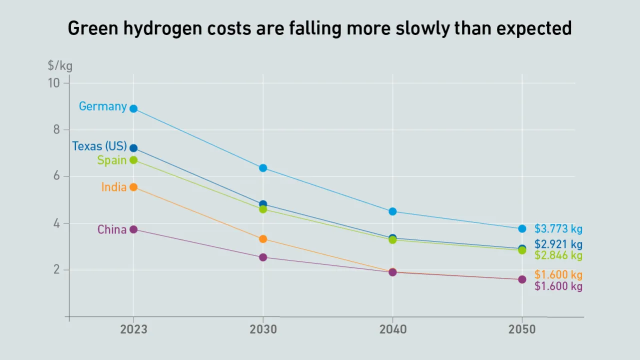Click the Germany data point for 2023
click(x=133, y=108)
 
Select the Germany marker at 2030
click(x=263, y=168)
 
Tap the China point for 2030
click(x=263, y=257)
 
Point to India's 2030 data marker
click(x=263, y=239)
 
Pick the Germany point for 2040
click(x=392, y=211)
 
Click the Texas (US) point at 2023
click(x=133, y=148)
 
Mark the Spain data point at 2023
click(x=133, y=160)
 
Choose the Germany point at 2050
click(x=522, y=228)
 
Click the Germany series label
click(x=102, y=106)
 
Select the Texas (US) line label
click(x=99, y=146)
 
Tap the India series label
click(x=113, y=187)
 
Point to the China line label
click(x=111, y=229)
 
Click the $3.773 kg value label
click(x=558, y=229)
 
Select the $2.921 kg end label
click(x=558, y=244)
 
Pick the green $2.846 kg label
click(x=558, y=255)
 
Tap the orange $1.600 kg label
click(x=558, y=275)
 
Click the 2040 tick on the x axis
click(x=392, y=329)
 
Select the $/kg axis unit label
click(x=60, y=65)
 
